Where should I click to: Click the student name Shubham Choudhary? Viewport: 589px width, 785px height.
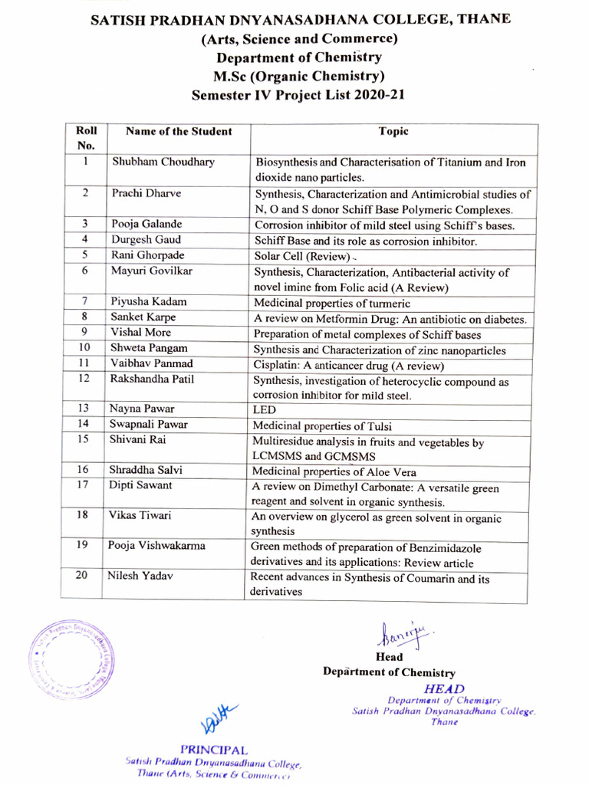(x=163, y=162)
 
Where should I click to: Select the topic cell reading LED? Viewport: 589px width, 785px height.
(x=264, y=411)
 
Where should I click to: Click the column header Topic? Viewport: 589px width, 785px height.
(x=393, y=131)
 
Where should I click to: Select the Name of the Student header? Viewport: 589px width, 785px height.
(x=179, y=131)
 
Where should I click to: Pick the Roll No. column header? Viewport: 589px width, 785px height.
(x=86, y=137)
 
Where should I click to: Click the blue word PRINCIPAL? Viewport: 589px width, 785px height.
(x=214, y=748)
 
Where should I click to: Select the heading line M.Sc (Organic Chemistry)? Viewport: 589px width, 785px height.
(x=298, y=75)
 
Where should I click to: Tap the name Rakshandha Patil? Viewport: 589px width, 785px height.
(x=152, y=379)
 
